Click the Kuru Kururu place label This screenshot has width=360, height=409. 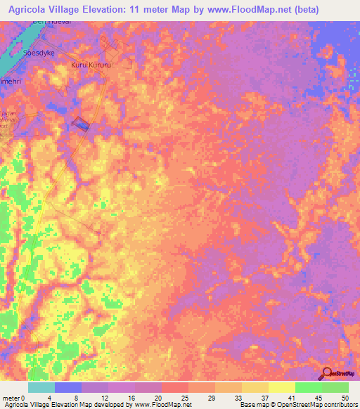[91, 65]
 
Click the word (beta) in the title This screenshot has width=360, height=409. [283, 10]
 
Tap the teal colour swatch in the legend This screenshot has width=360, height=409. [41, 387]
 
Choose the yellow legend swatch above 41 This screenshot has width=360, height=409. [281, 387]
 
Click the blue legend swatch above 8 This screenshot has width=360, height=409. [68, 387]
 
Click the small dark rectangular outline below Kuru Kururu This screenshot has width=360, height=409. [82, 124]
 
